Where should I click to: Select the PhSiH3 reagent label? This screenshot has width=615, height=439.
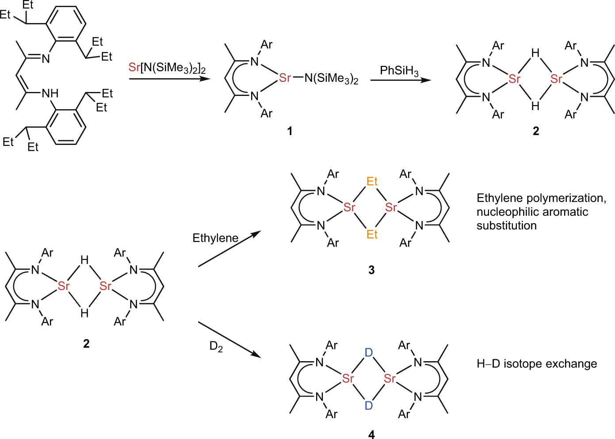pyautogui.click(x=399, y=71)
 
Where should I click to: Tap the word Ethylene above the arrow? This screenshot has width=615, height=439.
pyautogui.click(x=215, y=238)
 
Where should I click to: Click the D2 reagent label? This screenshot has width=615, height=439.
pyautogui.click(x=216, y=346)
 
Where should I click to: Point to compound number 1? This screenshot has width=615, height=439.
pyautogui.click(x=290, y=131)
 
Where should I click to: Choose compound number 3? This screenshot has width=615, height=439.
pyautogui.click(x=371, y=270)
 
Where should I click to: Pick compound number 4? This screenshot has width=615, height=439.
pyautogui.click(x=371, y=435)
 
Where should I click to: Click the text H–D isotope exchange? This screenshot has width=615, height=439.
pyautogui.click(x=536, y=364)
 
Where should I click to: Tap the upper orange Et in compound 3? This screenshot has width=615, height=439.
pyautogui.click(x=372, y=181)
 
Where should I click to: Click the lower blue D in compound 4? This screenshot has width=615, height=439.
pyautogui.click(x=369, y=405)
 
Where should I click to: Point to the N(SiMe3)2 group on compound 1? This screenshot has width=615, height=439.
pyautogui.click(x=331, y=79)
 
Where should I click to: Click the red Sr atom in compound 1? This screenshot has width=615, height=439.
pyautogui.click(x=285, y=78)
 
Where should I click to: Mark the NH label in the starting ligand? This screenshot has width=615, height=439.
pyautogui.click(x=50, y=93)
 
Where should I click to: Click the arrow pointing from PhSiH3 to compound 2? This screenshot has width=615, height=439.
pyautogui.click(x=401, y=80)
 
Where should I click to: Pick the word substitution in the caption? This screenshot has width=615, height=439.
pyautogui.click(x=506, y=225)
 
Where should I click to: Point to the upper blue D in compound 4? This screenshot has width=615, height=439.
pyautogui.click(x=369, y=353)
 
